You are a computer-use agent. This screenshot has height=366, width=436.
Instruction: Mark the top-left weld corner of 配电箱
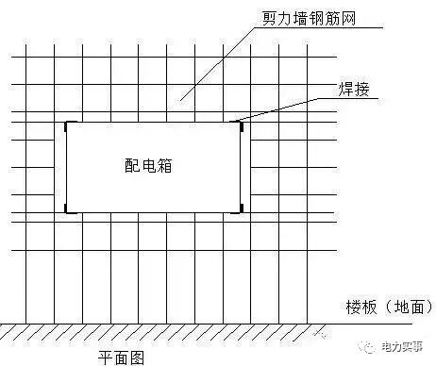click(66, 124)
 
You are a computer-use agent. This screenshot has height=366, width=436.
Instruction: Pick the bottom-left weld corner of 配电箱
click(66, 208)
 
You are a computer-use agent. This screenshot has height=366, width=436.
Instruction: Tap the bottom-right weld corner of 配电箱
click(241, 208)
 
